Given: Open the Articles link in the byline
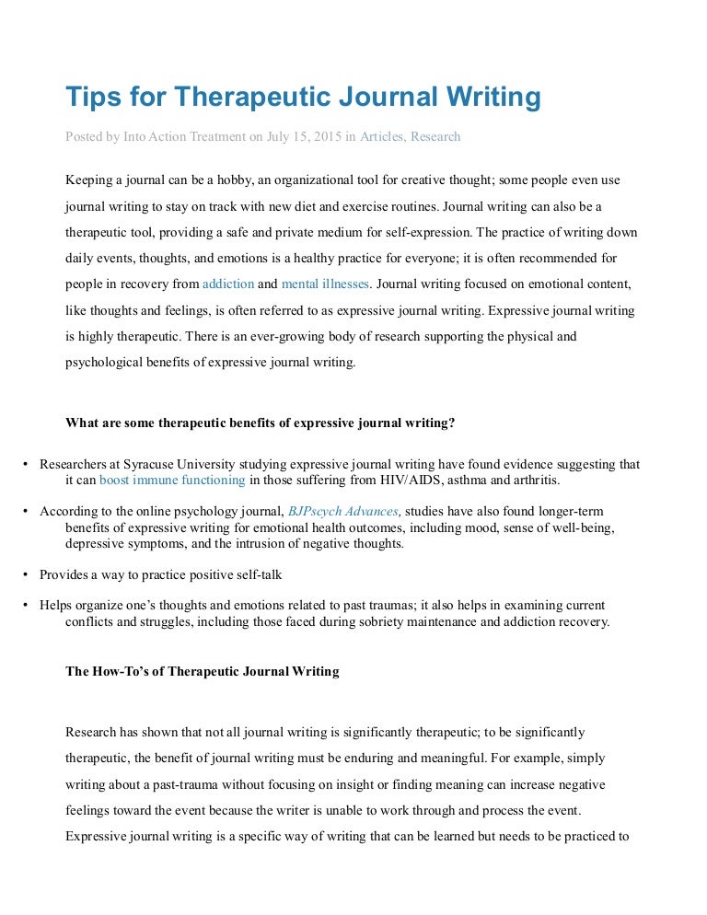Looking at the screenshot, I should pos(381,137).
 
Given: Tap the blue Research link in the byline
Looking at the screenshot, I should pos(435,137).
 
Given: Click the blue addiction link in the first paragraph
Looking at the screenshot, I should pos(227,284).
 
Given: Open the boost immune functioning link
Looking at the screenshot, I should pos(172,480).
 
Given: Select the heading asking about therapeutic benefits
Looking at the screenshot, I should pos(260,423).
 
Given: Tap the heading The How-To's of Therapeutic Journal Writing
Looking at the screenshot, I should pos(202,671).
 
